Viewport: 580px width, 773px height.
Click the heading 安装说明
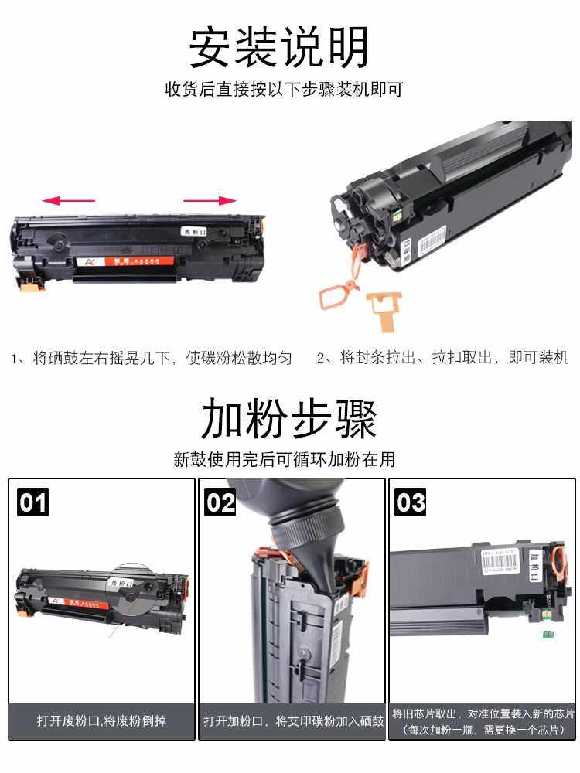click(x=279, y=47)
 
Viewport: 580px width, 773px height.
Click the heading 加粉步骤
click(x=289, y=421)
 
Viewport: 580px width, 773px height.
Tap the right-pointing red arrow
click(x=210, y=201)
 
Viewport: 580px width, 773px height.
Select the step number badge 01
click(x=32, y=503)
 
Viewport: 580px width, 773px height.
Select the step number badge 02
click(x=220, y=503)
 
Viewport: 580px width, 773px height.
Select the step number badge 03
click(x=411, y=503)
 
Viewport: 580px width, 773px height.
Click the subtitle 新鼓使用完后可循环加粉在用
click(x=284, y=460)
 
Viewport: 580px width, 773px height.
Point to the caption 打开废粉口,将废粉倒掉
click(x=101, y=721)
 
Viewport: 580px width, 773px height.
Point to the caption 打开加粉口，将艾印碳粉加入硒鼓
click(x=293, y=721)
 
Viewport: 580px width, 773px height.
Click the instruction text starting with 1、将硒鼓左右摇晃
click(x=152, y=359)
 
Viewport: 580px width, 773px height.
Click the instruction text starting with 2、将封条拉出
click(x=442, y=359)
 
